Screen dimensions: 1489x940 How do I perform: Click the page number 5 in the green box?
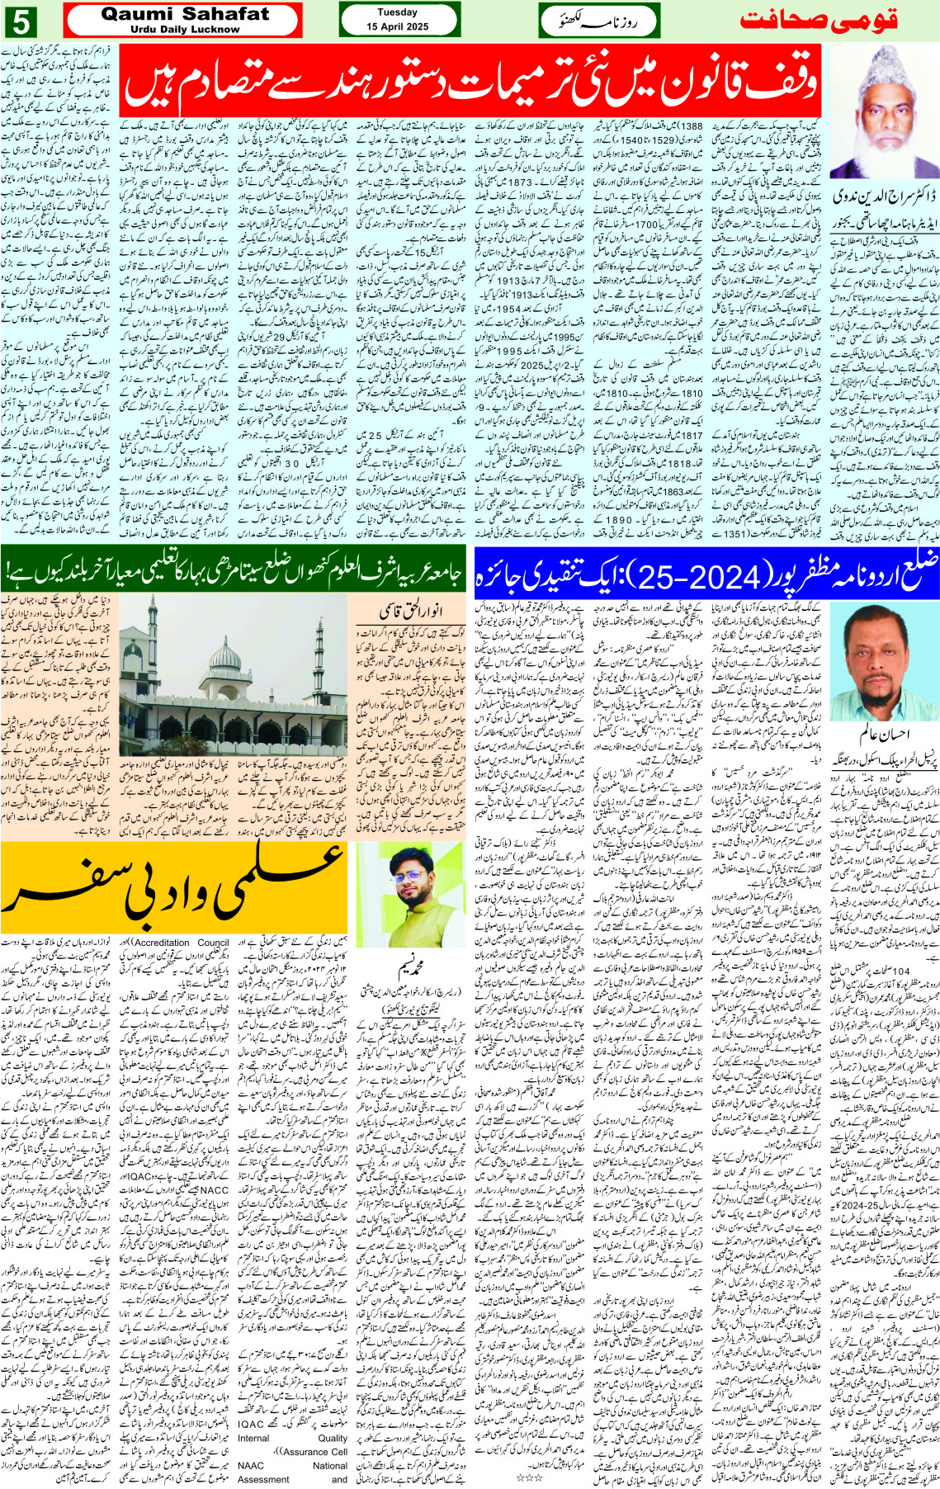click(21, 21)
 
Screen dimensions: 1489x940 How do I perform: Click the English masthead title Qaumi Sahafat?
click(185, 14)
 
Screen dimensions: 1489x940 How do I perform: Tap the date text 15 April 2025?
click(398, 27)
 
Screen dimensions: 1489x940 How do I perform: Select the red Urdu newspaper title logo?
click(817, 21)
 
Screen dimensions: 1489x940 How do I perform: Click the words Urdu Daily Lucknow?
click(185, 30)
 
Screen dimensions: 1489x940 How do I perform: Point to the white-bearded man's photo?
click(884, 111)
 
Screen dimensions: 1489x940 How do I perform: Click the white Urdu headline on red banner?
click(470, 79)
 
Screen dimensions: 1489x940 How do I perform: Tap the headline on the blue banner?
click(707, 571)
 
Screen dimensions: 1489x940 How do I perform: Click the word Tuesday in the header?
click(398, 12)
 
